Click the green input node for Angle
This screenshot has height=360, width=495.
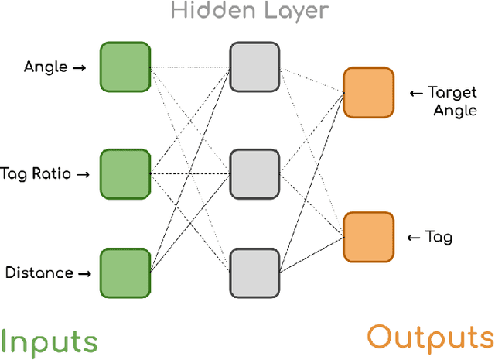[x=125, y=68]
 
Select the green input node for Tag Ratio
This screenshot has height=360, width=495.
[x=125, y=174]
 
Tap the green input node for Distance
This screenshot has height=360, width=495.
[x=125, y=273]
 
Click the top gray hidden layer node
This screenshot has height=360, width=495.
[x=254, y=68]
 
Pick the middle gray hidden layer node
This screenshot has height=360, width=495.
[x=254, y=174]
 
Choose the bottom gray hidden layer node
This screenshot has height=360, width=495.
[x=254, y=273]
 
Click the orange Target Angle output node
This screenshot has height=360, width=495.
[x=368, y=93]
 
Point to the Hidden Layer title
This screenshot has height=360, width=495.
[x=249, y=11]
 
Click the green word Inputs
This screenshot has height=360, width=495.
[x=49, y=340]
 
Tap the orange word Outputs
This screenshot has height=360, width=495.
[x=430, y=338]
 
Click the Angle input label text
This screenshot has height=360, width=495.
[x=46, y=68]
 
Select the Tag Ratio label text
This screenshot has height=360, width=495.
[x=36, y=174]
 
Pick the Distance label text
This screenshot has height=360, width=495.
[x=39, y=273]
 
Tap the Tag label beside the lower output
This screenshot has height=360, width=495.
[x=439, y=238]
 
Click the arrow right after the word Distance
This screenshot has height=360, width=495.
[x=85, y=273]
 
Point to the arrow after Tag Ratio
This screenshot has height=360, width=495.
[x=84, y=174]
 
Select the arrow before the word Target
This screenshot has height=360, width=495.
[x=416, y=94]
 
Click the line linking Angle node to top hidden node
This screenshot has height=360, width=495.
[x=189, y=68]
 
